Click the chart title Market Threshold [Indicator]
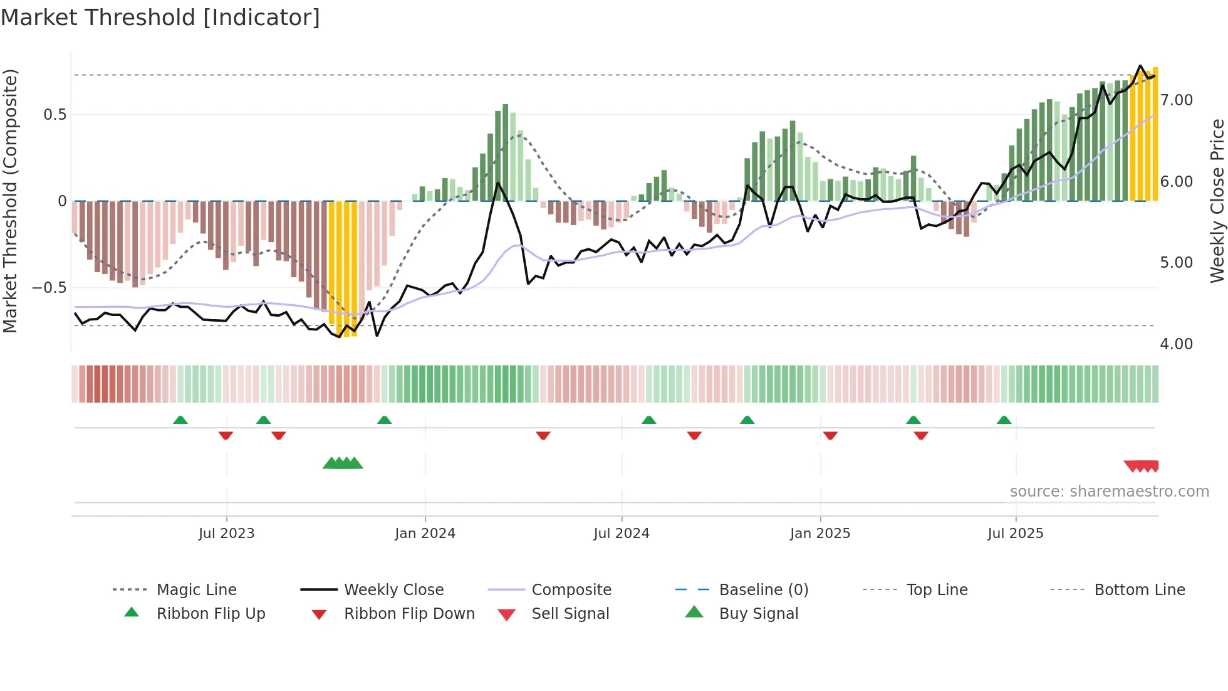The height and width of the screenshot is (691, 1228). [x=160, y=18]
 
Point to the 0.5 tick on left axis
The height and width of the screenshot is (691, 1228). [x=55, y=115]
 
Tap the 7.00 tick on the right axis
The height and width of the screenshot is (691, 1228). [x=1176, y=100]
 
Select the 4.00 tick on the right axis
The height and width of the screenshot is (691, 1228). [x=1176, y=344]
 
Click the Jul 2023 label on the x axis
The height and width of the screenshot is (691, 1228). [x=226, y=534]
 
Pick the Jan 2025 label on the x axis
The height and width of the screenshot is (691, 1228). [x=820, y=534]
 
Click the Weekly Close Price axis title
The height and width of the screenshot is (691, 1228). [x=1217, y=201]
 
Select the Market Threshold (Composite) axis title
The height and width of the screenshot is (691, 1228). [x=10, y=201]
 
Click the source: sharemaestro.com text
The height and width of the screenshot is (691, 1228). [x=1109, y=492]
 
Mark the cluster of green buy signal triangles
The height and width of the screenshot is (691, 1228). [x=343, y=463]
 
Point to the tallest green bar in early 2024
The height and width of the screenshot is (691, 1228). [x=505, y=152]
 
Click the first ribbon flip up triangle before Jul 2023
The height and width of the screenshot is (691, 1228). [x=180, y=420]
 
